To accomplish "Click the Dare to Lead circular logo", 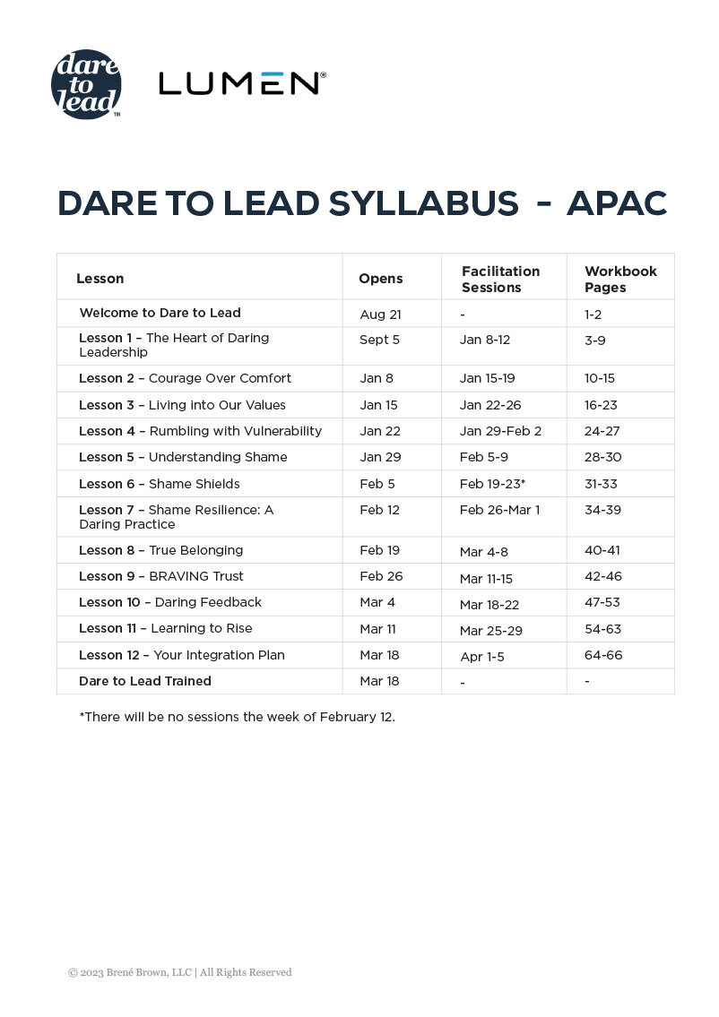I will click(86, 84).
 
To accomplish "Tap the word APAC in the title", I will click(617, 204).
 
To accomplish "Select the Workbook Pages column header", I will click(620, 279).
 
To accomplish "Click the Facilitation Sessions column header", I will click(500, 279).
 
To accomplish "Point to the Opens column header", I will click(380, 279).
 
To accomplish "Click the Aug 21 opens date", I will click(379, 314).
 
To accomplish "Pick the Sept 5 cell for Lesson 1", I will click(379, 340).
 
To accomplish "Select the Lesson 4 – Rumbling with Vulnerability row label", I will click(200, 431).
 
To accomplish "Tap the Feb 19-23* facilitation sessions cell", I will click(492, 484).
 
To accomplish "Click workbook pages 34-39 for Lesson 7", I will click(602, 510).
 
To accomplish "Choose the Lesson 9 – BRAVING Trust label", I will click(161, 576).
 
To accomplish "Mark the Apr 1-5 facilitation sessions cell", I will click(481, 657).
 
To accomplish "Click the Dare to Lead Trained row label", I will click(145, 681).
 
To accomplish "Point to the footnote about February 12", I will click(237, 717).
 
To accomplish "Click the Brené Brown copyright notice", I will click(179, 972).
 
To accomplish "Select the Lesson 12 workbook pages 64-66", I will click(602, 655).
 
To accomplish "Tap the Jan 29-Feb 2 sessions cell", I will click(500, 431).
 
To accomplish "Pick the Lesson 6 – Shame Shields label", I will click(160, 484).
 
